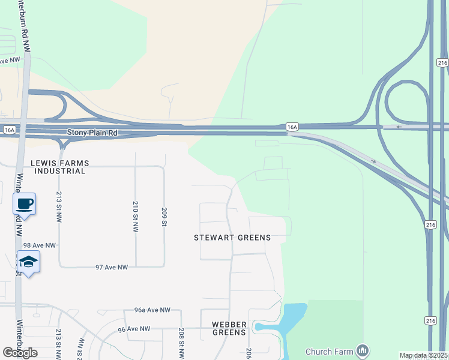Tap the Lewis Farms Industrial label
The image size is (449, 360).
[x=59, y=167]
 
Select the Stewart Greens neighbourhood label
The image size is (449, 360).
[x=232, y=238]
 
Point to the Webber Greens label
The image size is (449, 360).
[x=229, y=328]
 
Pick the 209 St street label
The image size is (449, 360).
[x=164, y=217]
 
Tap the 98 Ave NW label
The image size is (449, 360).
[x=39, y=245]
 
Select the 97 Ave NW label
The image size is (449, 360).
[x=112, y=267]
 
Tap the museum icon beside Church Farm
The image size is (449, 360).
[x=362, y=350]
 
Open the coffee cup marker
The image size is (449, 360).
[x=25, y=204]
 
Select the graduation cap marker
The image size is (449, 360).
[x=28, y=262]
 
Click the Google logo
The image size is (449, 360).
[x=20, y=353]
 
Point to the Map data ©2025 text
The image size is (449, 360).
[x=423, y=355]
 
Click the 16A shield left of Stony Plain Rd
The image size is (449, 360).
[x=9, y=130]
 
